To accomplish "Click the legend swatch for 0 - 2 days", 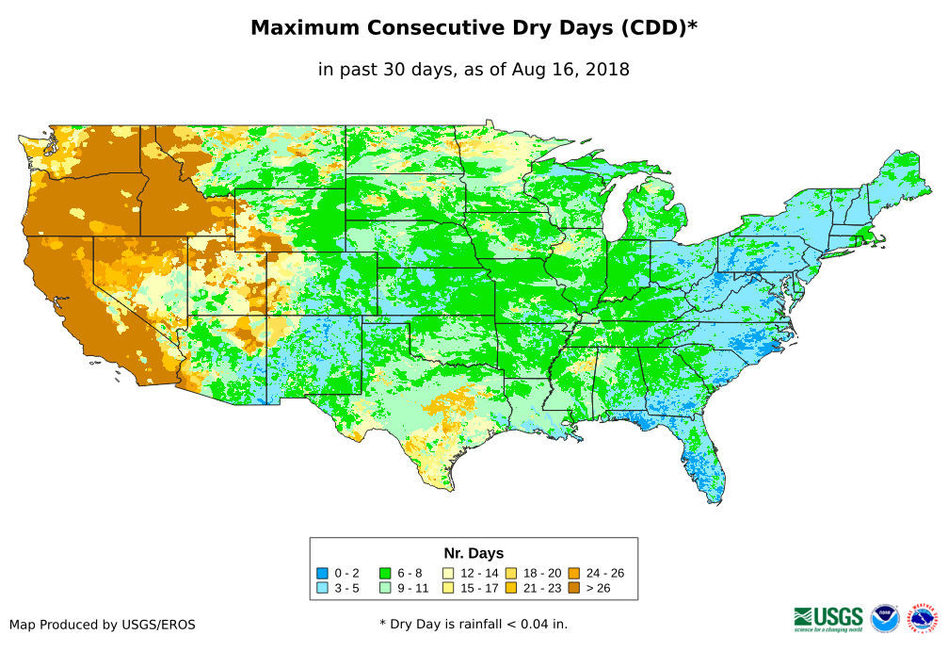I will click(x=323, y=573).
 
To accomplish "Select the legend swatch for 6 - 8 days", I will click(x=385, y=573).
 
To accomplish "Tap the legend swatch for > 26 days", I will click(x=574, y=588).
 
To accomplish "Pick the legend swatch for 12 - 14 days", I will click(x=448, y=573).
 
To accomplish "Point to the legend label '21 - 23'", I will click(x=542, y=588).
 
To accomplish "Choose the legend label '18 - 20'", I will click(x=542, y=573).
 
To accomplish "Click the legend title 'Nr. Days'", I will click(x=474, y=553).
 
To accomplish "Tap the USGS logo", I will click(x=828, y=618).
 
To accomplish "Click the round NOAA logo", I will click(x=885, y=618).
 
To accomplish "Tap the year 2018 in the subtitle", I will click(x=608, y=69).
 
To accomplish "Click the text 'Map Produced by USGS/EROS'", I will click(x=103, y=625).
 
